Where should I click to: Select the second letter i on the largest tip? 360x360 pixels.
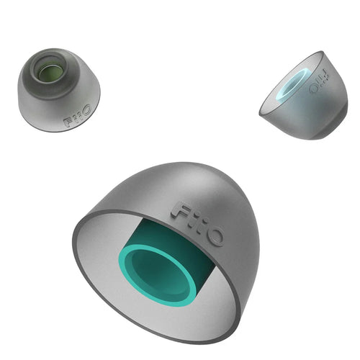click(201, 227)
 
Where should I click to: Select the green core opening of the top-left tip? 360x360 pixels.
click(49, 71)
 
